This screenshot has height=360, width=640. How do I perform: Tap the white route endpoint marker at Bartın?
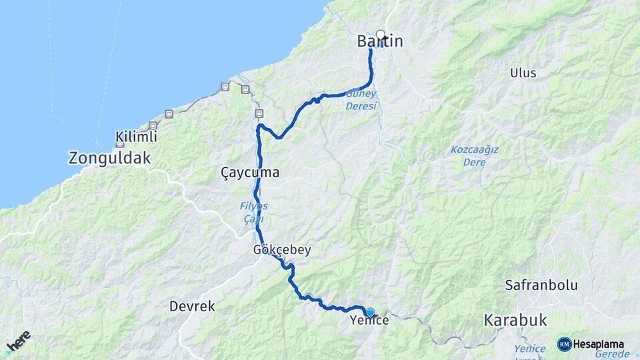pos(381,35)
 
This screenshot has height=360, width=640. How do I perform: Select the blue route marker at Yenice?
pos(370,312)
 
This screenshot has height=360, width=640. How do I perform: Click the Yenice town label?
pos(369,321)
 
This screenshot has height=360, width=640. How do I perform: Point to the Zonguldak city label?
pos(110,158)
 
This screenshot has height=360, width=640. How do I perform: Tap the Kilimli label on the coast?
pos(136,137)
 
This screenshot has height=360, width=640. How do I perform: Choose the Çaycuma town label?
pos(250,173)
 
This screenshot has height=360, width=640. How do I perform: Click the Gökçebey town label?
pos(282,250)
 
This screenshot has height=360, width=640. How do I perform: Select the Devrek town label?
pos(192,306)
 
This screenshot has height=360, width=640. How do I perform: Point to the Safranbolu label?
pos(541,285)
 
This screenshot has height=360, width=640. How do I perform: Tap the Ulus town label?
pos(523,73)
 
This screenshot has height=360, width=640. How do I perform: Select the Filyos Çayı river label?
pos(253,212)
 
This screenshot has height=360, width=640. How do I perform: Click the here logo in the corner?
pos(18,341)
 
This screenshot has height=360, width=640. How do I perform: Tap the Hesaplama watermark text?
pos(599,344)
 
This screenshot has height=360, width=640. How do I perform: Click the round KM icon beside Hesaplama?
pos(564,344)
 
